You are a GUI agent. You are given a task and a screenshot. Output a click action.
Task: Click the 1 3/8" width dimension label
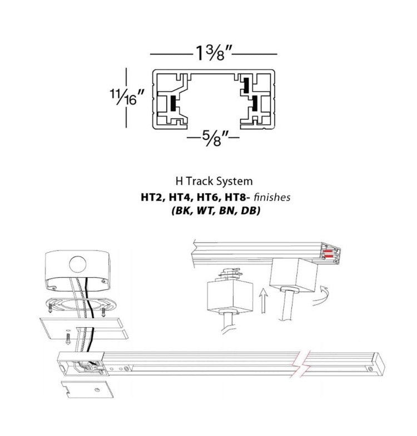(214, 53)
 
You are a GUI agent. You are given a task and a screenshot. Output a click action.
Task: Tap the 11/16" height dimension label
(127, 97)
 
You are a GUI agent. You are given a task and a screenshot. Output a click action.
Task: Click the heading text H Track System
(214, 181)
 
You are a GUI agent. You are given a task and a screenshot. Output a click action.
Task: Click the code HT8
(235, 197)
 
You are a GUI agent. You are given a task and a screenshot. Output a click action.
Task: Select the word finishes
(272, 197)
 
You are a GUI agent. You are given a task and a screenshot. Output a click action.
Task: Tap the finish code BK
(182, 211)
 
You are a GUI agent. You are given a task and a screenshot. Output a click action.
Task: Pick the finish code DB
(250, 211)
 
